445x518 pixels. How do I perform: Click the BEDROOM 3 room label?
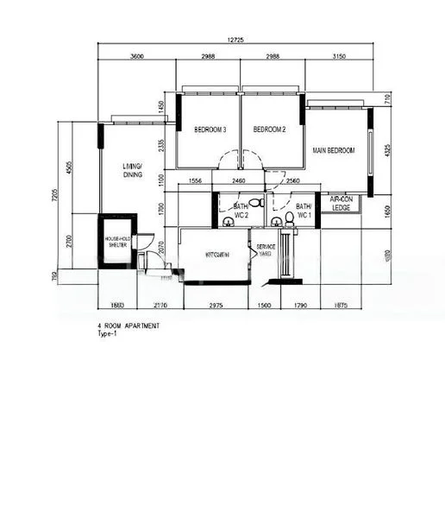210,130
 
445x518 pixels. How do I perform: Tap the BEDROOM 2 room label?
269,130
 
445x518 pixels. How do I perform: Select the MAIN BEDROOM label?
334,151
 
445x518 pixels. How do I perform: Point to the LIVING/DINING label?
132,170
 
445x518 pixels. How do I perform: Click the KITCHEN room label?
216,256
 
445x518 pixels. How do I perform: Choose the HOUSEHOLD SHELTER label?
116,242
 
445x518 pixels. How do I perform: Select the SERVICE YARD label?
265,251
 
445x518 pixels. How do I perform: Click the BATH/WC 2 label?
241,211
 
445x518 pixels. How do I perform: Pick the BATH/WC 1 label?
304,211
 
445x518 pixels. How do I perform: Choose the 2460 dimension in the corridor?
239,181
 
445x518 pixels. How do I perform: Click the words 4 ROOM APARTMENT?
128,327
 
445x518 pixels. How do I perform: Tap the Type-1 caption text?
107,334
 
